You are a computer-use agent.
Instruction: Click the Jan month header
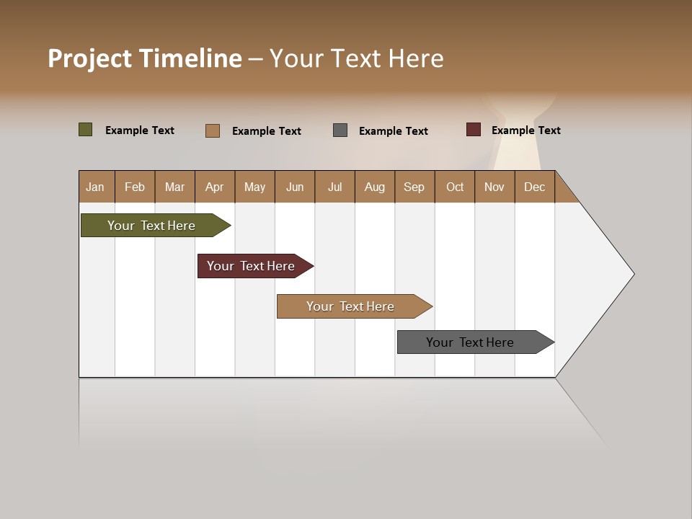tap(96, 187)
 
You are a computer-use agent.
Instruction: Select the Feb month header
tap(135, 187)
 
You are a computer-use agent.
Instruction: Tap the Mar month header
tap(174, 187)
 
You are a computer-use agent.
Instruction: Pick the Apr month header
tap(215, 187)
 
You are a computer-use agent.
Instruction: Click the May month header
tap(254, 187)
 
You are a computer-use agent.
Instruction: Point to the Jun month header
tap(295, 187)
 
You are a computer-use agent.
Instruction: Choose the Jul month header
tap(334, 187)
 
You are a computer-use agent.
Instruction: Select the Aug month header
tap(375, 187)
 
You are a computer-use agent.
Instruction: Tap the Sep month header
tap(414, 187)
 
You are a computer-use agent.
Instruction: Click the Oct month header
tap(455, 187)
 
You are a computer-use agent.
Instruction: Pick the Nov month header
tap(494, 187)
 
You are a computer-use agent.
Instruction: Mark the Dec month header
tap(535, 187)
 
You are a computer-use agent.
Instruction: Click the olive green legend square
tap(86, 130)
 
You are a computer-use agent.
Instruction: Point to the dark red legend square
tap(474, 130)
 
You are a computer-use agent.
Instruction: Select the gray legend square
tap(340, 130)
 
